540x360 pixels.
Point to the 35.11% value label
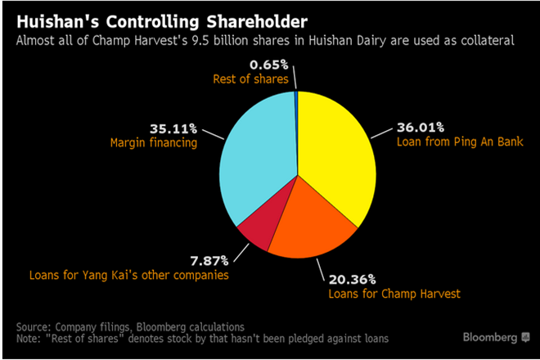(171, 128)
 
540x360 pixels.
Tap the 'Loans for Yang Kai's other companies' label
(127, 277)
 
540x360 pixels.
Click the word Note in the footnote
(29, 337)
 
